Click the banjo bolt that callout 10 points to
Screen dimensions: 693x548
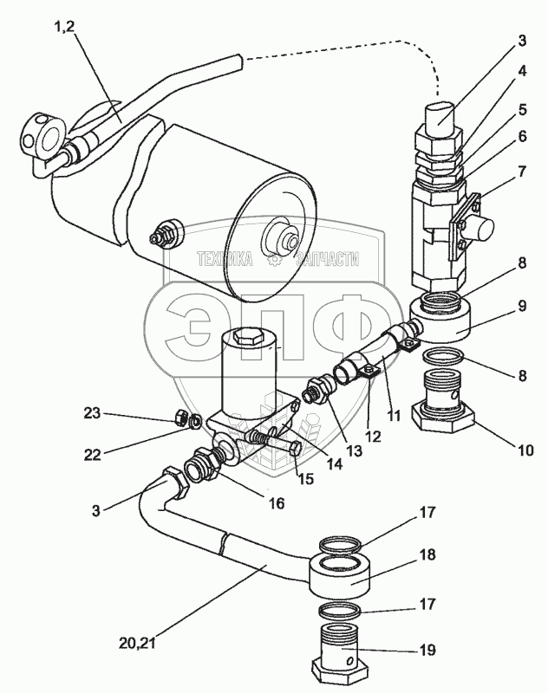[x=446, y=407]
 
